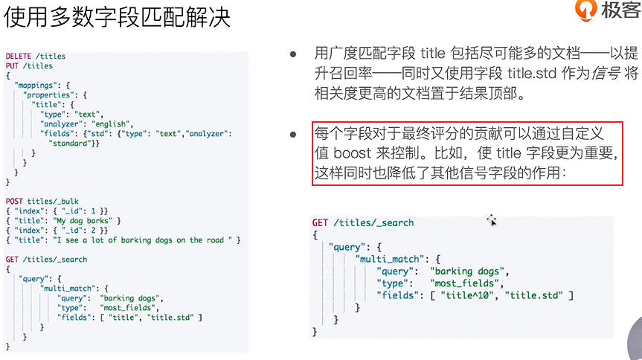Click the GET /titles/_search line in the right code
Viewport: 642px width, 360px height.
coord(363,222)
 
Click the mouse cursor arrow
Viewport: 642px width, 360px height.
coord(491,220)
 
